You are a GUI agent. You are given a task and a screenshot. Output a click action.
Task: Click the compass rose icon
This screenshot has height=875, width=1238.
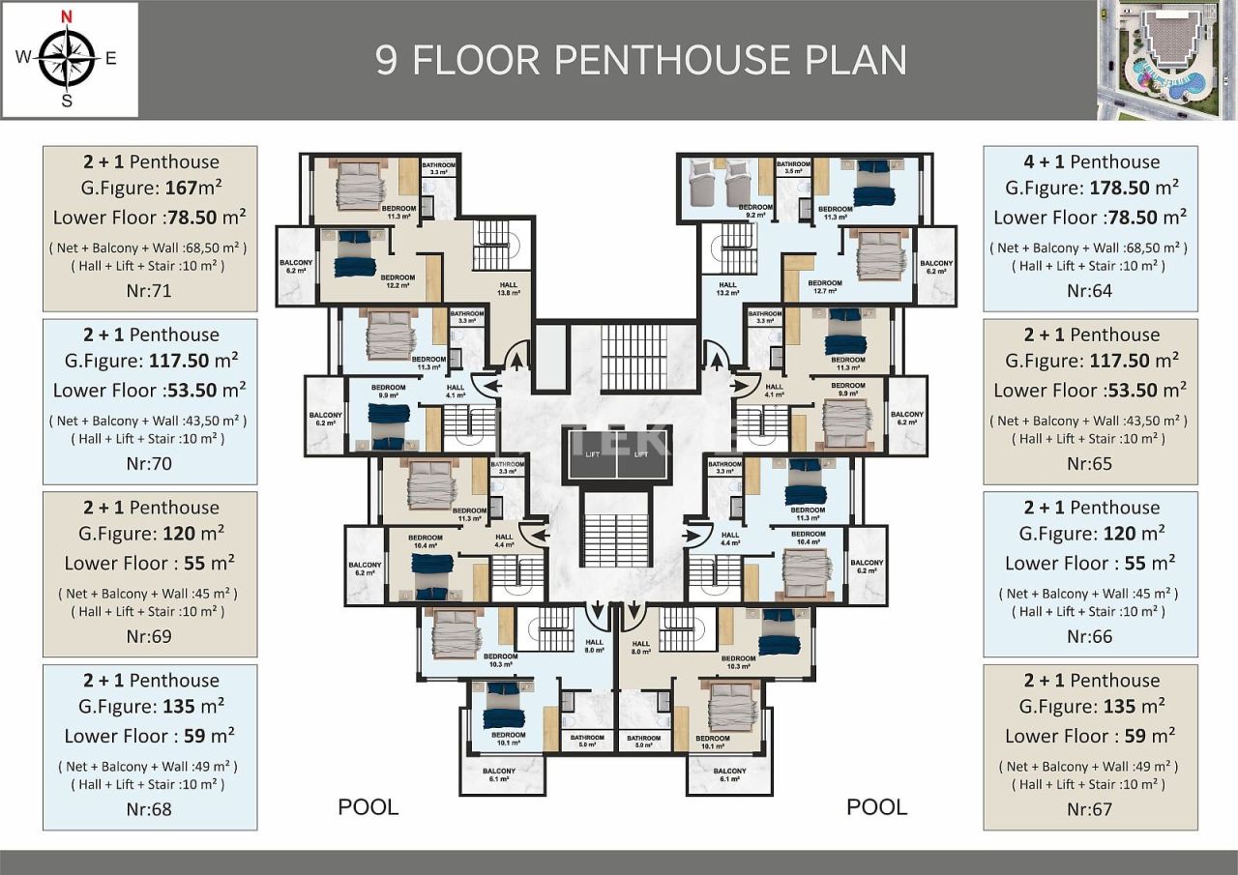(x=66, y=58)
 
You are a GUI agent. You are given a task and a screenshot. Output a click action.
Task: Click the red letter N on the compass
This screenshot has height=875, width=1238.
(x=66, y=15)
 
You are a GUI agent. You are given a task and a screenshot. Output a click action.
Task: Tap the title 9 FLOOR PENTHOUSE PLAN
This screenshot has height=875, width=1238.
(x=641, y=60)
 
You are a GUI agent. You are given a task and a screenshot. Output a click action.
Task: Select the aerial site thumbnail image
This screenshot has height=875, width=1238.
(x=1167, y=60)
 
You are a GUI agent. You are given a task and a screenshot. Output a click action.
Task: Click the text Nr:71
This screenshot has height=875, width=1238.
(x=149, y=290)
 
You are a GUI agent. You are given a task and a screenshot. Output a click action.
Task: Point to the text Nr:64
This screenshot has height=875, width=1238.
(x=1089, y=290)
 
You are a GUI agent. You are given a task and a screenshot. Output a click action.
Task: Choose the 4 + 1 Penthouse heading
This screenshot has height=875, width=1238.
(x=1091, y=161)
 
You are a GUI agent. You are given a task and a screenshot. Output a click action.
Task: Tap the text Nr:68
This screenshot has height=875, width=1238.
(x=149, y=808)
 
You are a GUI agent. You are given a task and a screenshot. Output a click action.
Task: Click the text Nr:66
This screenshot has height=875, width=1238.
(x=1089, y=636)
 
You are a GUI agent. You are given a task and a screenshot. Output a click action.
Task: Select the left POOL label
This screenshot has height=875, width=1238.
(x=368, y=807)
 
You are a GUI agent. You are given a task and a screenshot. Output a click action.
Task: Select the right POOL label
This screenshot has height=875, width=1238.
(x=876, y=807)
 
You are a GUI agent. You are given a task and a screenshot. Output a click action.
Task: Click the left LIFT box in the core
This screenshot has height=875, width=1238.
(x=590, y=454)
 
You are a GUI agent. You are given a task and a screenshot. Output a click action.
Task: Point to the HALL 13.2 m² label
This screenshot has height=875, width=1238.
(x=727, y=288)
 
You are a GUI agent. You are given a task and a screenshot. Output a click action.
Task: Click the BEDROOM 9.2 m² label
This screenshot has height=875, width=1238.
(x=755, y=211)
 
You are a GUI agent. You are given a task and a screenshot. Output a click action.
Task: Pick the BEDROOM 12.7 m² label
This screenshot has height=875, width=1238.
(x=824, y=287)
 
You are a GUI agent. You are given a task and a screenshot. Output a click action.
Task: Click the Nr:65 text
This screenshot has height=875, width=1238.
(x=1089, y=463)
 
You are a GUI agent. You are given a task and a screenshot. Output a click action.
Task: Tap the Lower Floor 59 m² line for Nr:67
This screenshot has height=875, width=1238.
(x=1089, y=736)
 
